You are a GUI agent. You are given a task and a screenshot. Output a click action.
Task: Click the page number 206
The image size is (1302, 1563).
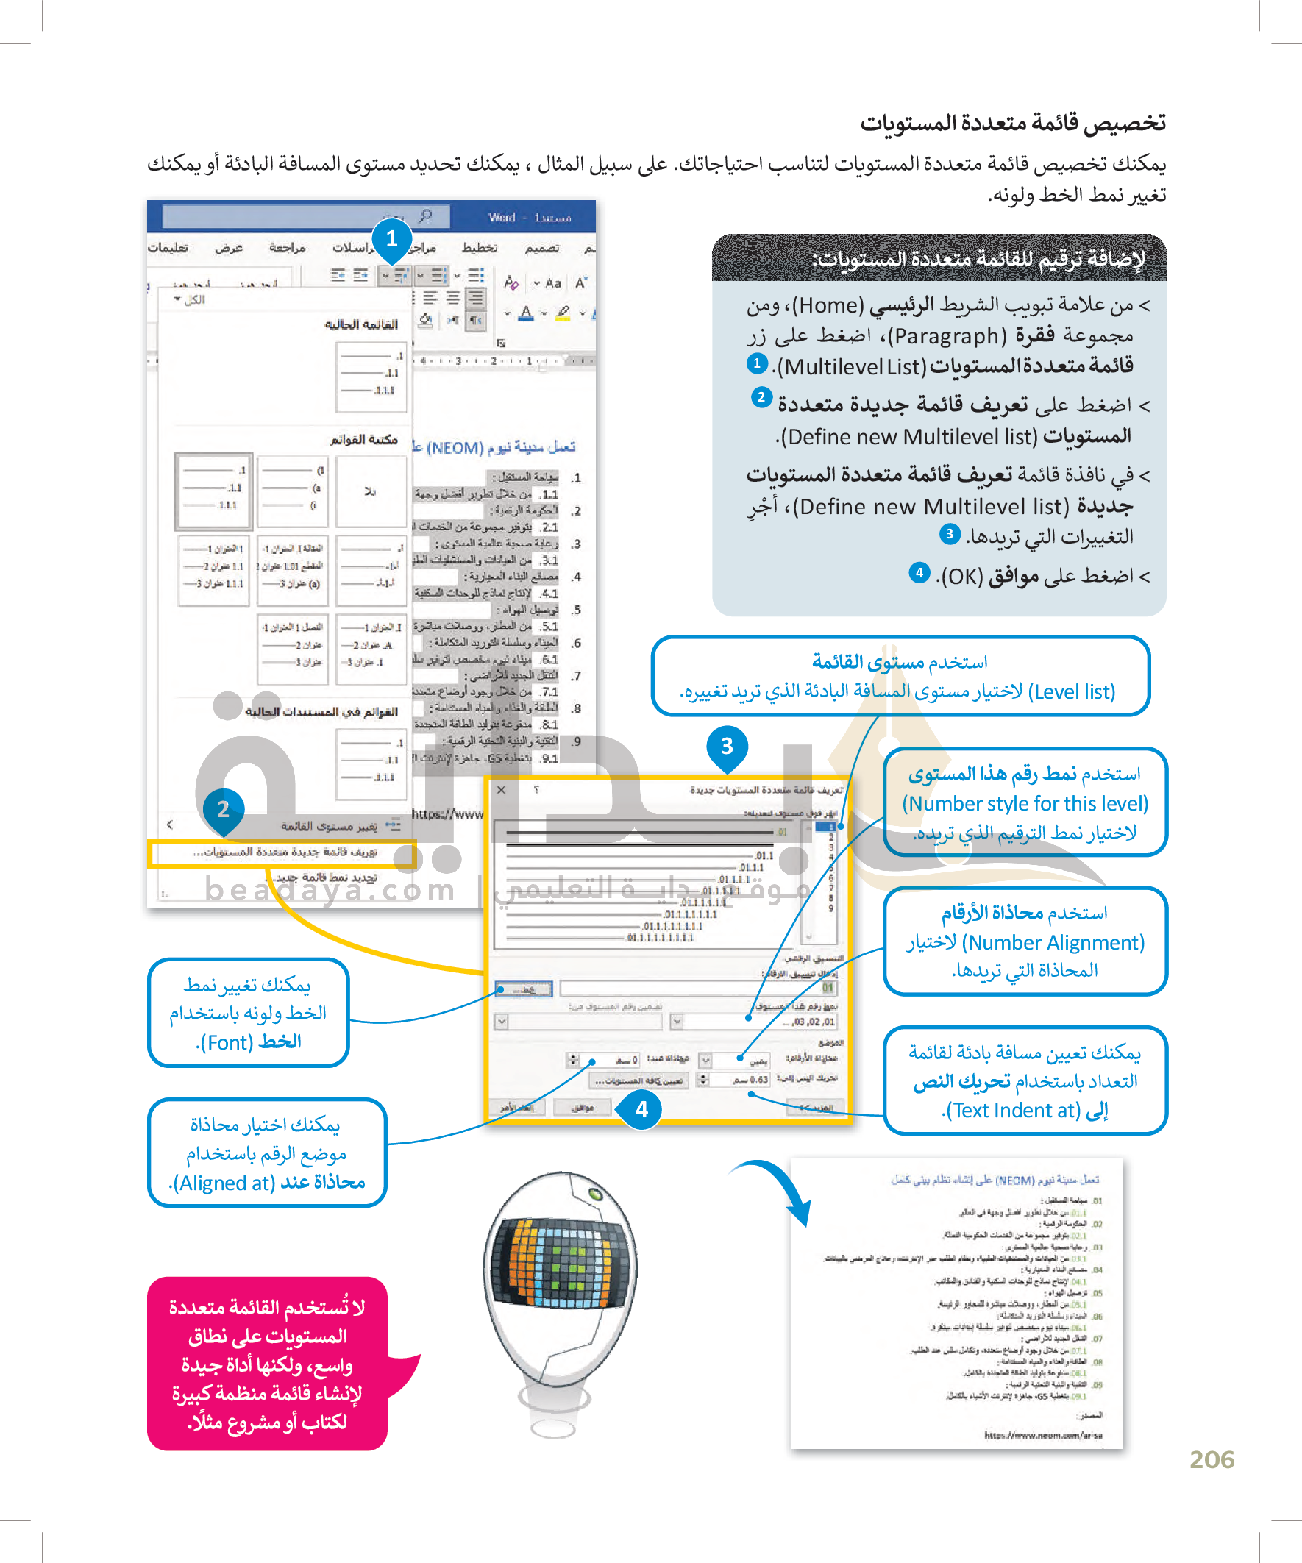tap(1212, 1459)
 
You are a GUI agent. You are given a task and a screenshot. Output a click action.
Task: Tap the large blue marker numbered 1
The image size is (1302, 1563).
tap(391, 239)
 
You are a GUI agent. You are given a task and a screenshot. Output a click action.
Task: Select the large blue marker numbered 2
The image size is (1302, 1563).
tap(224, 809)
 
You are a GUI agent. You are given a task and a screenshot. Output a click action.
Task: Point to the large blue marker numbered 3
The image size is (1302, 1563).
tap(727, 746)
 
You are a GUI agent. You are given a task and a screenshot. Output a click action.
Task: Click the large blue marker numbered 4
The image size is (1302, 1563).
tap(641, 1110)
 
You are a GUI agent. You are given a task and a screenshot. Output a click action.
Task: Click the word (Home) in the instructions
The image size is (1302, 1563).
tap(827, 305)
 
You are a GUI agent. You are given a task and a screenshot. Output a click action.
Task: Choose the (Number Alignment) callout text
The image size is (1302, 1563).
tap(1053, 943)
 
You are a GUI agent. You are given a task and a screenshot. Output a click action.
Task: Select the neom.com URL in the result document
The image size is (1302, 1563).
tap(1043, 1435)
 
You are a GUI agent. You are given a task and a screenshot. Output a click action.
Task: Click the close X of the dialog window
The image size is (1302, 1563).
tap(501, 790)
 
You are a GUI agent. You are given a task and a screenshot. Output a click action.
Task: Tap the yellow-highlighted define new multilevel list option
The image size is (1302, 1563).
tap(284, 852)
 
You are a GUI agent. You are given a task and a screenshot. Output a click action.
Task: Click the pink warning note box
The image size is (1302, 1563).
tap(266, 1364)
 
